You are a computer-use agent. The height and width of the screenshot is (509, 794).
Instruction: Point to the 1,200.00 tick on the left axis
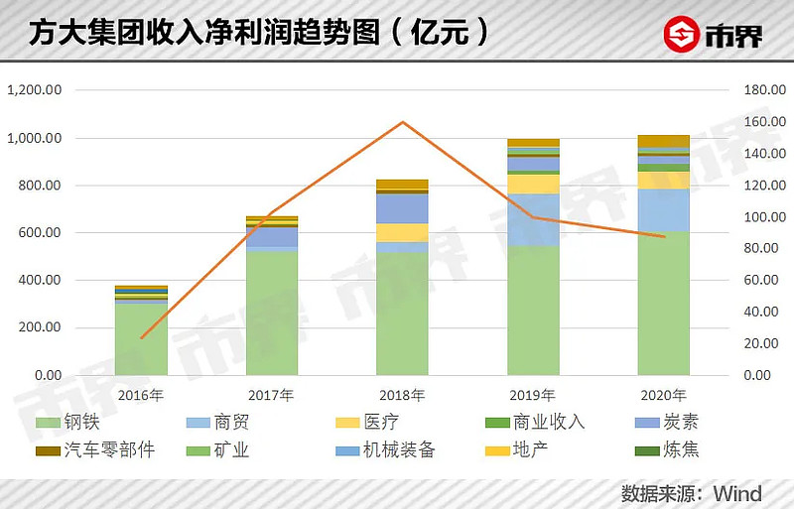[x=36, y=90]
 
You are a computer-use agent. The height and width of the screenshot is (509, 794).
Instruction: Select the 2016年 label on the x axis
[x=141, y=395]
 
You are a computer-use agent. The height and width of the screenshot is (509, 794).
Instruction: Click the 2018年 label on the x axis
[x=402, y=395]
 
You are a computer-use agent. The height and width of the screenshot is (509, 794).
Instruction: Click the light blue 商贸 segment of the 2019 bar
[x=533, y=219]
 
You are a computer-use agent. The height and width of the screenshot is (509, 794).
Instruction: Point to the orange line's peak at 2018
[x=402, y=122]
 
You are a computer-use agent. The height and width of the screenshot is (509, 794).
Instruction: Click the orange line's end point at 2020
[x=664, y=236]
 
